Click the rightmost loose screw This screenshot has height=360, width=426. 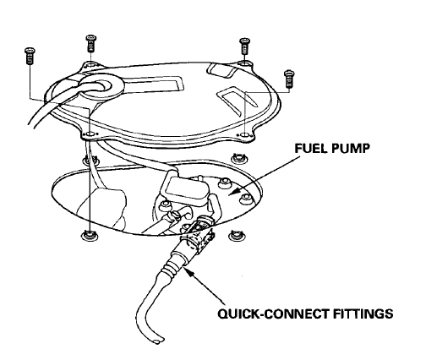289,77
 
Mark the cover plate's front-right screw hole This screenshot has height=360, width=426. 244,133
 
